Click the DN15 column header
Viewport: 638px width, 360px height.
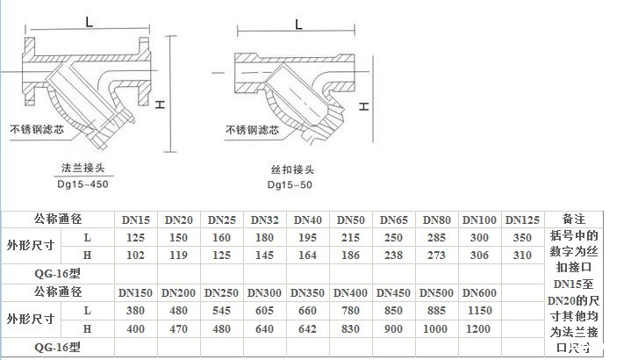135,219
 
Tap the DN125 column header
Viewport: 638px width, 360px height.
523,219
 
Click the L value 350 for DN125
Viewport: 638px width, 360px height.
523,237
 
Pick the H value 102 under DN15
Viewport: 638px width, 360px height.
135,255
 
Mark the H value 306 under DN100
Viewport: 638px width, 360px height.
479,255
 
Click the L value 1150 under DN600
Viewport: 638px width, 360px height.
479,310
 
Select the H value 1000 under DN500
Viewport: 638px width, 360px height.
436,328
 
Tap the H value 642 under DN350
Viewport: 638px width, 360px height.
307,328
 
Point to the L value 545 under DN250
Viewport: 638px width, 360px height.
221,310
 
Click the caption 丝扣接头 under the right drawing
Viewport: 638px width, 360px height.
289,170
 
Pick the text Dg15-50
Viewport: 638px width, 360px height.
289,185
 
